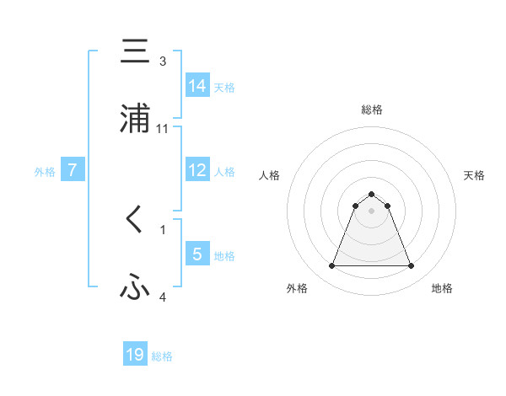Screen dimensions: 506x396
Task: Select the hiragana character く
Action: point(135,220)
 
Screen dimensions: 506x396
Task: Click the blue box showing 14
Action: point(197,85)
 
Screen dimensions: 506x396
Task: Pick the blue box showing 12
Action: point(197,170)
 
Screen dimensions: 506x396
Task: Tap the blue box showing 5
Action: point(197,254)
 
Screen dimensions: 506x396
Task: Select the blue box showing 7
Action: point(73,170)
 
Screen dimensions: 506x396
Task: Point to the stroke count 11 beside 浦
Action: point(163,128)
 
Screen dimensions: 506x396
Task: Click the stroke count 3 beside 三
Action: point(163,61)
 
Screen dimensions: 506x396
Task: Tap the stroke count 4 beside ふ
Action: point(163,297)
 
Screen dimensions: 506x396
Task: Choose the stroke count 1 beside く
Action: point(163,229)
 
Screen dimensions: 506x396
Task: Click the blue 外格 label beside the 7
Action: point(45,171)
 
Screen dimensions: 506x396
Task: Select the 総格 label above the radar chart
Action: point(372,110)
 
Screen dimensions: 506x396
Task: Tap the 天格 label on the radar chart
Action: point(475,175)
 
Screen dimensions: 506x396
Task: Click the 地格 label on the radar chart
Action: point(442,288)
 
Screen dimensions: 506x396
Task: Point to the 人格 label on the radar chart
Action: point(269,175)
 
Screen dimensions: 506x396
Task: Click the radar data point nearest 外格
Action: point(331,266)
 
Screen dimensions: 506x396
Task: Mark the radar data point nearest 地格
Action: point(412,266)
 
